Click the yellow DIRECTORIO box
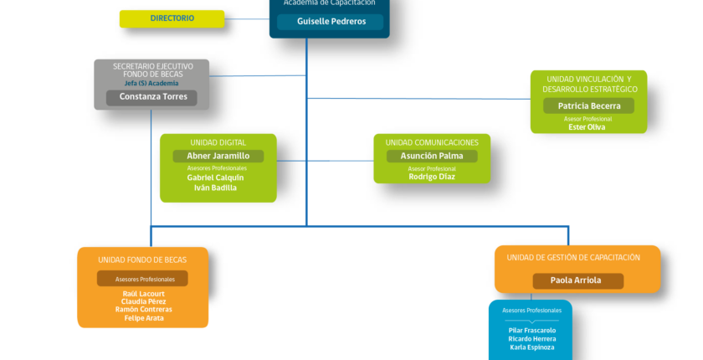172,18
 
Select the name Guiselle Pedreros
331,22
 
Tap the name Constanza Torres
153,97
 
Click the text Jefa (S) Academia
151,84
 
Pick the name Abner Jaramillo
218,156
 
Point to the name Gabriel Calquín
216,177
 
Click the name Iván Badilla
215,188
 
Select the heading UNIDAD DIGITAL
218,142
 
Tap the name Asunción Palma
432,156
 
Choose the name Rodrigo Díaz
432,177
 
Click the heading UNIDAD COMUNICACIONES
432,142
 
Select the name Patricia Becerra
589,106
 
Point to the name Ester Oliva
587,127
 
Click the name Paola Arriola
576,280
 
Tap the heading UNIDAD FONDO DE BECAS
142,260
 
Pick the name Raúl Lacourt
143,294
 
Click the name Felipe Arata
144,318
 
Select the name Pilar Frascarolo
532,331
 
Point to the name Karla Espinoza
532,347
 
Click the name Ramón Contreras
143,309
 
